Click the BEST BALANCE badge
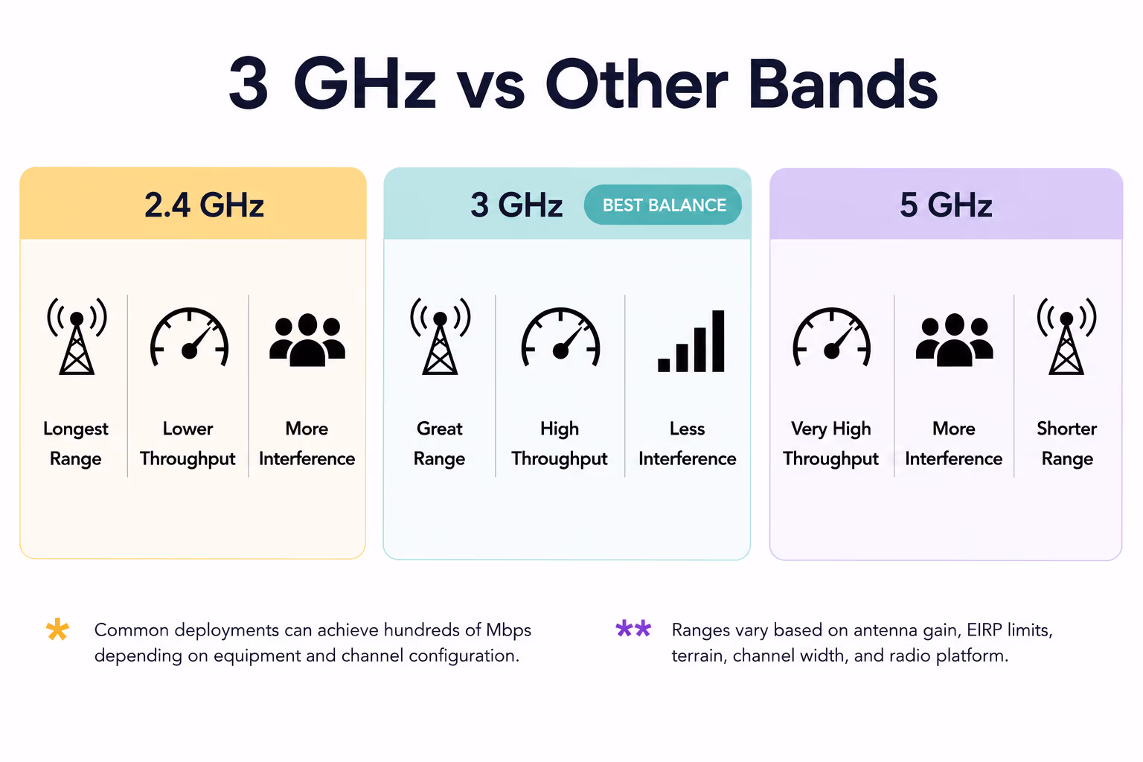(x=663, y=205)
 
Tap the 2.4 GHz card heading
(x=204, y=205)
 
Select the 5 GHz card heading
(x=946, y=205)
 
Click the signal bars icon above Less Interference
(x=691, y=341)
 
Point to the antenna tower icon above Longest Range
(x=77, y=336)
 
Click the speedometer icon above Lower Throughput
(x=189, y=337)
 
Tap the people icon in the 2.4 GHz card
(x=307, y=340)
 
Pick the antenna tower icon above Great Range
(x=440, y=336)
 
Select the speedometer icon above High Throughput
(x=560, y=337)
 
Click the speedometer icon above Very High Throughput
(x=832, y=337)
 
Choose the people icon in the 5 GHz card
(x=954, y=340)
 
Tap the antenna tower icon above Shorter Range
(x=1066, y=336)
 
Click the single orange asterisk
(x=57, y=630)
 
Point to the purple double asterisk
(x=633, y=628)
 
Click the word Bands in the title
(x=842, y=84)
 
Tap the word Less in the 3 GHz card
(x=688, y=429)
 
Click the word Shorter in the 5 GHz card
(x=1066, y=429)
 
